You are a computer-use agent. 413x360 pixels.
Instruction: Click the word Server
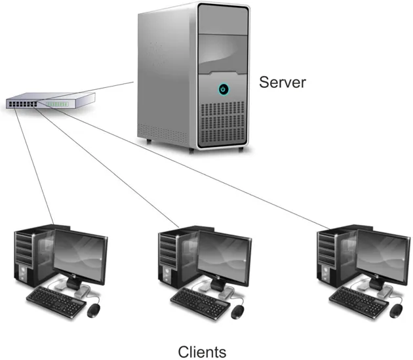tap(283, 83)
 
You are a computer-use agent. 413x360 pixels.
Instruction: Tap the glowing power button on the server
tap(224, 88)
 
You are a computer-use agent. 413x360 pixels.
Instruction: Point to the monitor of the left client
tap(79, 256)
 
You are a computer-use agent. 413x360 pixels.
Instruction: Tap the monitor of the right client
tap(382, 256)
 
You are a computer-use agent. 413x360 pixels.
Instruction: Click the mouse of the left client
tap(94, 310)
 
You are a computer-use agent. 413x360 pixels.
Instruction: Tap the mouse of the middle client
tap(239, 310)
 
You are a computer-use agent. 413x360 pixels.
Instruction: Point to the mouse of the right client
tap(396, 310)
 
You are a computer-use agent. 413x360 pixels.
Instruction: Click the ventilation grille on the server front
tap(223, 125)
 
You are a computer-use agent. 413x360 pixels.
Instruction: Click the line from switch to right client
tap(197, 170)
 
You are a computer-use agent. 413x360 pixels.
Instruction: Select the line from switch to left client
tap(33, 164)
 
